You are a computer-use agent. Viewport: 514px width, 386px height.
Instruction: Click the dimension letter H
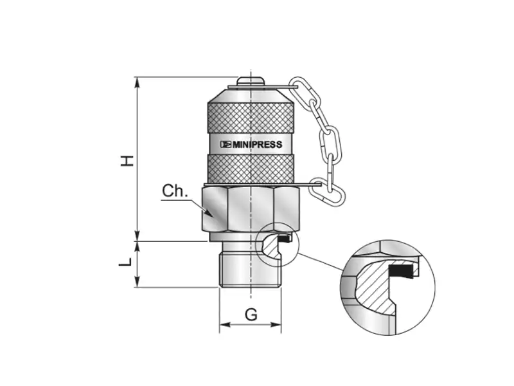[127, 160]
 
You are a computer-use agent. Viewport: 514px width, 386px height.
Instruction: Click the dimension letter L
[125, 262]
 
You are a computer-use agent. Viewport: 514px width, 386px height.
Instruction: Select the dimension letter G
[251, 315]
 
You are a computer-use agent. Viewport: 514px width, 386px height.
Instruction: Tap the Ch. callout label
[175, 191]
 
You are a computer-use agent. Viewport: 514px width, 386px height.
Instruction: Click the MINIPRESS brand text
[258, 144]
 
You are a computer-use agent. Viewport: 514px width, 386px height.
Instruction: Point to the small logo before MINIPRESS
[226, 144]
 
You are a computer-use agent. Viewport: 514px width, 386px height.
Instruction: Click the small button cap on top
[251, 81]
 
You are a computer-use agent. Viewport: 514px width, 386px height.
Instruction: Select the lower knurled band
[251, 169]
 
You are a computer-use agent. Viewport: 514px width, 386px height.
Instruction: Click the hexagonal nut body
[251, 208]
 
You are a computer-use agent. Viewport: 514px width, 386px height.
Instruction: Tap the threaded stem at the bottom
[251, 269]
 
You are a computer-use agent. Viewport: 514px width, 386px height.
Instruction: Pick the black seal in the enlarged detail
[401, 270]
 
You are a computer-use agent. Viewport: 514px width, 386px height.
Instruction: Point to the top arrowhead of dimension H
[137, 82]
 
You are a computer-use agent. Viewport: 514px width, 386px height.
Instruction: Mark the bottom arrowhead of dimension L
[137, 282]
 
